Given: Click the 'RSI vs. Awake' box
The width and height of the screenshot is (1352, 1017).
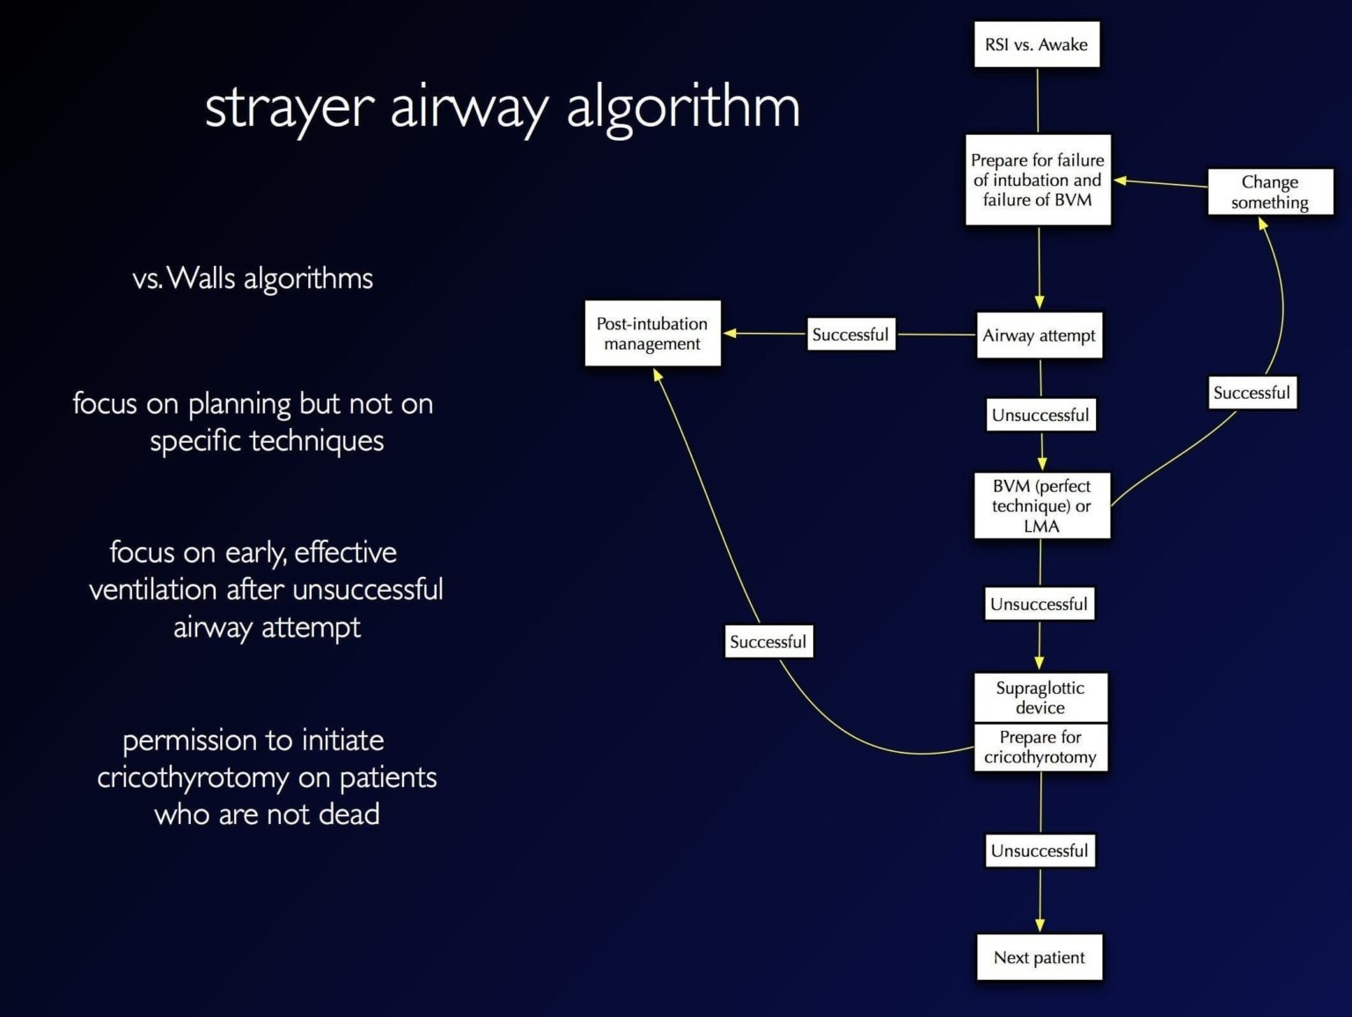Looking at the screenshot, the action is point(1036,45).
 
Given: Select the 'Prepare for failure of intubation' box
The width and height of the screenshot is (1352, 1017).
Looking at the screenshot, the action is point(1038,180).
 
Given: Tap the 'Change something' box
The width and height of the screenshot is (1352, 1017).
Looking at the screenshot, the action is point(1269,192).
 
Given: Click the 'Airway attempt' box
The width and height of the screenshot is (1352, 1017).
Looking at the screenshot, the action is point(1039,335).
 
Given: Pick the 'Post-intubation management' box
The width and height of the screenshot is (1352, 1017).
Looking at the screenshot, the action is point(652,334).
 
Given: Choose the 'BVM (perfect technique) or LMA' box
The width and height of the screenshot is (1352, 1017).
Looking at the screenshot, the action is point(1041,506).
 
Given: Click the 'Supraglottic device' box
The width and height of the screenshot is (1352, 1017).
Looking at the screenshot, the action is point(1040,697).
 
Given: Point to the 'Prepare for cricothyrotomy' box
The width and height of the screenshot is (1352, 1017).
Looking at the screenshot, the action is point(1040,748).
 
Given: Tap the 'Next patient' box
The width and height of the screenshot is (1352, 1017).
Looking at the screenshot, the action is point(1039,957).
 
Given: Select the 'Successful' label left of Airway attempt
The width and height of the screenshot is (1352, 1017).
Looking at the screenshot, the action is point(850,335).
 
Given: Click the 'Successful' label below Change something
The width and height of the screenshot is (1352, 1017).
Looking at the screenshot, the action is point(1251,393).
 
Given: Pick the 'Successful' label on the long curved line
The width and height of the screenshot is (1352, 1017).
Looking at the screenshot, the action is point(768,642).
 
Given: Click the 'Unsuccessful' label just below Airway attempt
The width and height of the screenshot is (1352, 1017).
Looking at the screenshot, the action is point(1040,415).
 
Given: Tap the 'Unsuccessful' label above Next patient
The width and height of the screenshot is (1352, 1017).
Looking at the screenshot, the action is point(1040,851).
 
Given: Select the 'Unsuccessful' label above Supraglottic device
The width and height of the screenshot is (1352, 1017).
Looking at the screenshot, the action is point(1039,604).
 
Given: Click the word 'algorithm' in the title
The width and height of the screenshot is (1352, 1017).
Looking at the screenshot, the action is point(683,108).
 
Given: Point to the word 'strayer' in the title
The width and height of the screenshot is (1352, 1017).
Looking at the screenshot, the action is point(290,108).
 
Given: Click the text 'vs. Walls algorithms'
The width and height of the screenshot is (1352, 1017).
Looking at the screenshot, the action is point(253,279).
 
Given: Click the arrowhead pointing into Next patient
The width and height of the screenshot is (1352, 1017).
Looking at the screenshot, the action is point(1040,925).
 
